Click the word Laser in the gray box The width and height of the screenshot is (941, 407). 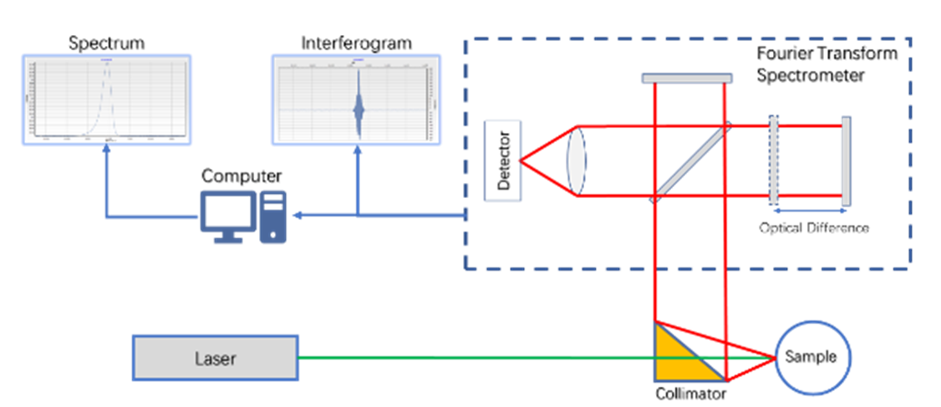pyautogui.click(x=215, y=359)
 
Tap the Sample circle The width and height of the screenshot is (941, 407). pyautogui.click(x=811, y=357)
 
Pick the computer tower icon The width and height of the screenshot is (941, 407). pyautogui.click(x=273, y=216)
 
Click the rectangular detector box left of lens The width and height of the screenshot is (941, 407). pyautogui.click(x=503, y=160)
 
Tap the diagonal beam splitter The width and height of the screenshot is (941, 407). pyautogui.click(x=691, y=161)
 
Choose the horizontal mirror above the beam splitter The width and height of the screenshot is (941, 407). pyautogui.click(x=687, y=78)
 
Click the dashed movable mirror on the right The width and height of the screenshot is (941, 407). pyautogui.click(x=774, y=160)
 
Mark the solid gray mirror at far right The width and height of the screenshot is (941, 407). pyautogui.click(x=846, y=160)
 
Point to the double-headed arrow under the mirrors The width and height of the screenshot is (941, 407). pyautogui.click(x=809, y=211)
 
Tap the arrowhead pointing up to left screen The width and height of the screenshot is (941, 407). pyautogui.click(x=106, y=151)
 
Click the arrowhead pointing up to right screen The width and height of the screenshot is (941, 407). pyautogui.click(x=359, y=151)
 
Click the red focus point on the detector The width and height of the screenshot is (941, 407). pyautogui.click(x=520, y=160)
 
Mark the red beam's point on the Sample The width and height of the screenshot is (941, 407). pyautogui.click(x=775, y=358)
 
